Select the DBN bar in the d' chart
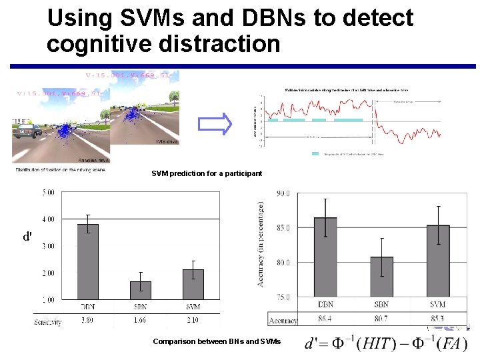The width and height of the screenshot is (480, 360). [x=87, y=261]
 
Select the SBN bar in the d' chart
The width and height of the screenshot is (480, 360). [x=140, y=290]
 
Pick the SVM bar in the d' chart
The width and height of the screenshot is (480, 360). [x=193, y=284]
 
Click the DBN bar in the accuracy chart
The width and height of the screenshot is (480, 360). [x=325, y=257]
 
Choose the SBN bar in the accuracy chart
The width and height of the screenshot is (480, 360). [x=381, y=277]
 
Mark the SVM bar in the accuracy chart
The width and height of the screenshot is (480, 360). [x=438, y=261]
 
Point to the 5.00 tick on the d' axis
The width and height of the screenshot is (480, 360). [x=48, y=193]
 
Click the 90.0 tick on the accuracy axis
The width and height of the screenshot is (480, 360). [x=282, y=194]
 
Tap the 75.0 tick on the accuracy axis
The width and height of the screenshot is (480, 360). [x=282, y=297]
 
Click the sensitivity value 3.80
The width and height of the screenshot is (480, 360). [x=87, y=321]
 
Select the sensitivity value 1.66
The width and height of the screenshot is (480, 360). [x=140, y=321]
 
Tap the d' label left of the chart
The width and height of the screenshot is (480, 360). [x=27, y=237]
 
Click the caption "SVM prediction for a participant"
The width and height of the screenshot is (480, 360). [x=207, y=173]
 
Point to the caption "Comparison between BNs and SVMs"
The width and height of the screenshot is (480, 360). [x=217, y=341]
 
